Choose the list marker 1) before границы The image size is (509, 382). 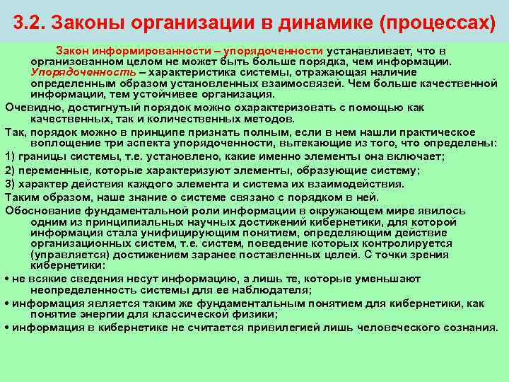coord(11,156)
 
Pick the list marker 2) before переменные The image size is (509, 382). coord(11,170)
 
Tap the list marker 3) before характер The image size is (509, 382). coord(11,184)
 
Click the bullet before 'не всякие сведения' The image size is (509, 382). coord(7,279)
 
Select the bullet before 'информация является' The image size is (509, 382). coord(7,303)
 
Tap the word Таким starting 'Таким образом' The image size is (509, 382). coord(22,197)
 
